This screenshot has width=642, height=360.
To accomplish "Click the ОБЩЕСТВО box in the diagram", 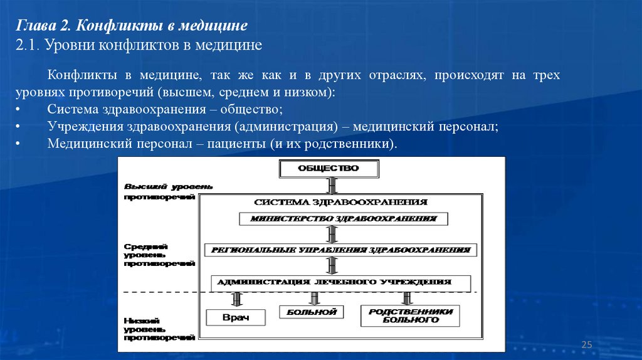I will [329, 169].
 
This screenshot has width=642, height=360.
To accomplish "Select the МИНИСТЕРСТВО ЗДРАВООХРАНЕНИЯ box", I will [344, 219].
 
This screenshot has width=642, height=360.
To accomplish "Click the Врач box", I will [236, 317].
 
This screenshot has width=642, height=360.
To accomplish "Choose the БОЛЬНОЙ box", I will [312, 312].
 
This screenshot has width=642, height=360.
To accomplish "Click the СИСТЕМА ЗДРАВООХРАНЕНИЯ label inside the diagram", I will [340, 203].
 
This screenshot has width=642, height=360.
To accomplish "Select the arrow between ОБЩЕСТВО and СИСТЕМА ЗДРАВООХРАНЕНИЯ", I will [332, 185].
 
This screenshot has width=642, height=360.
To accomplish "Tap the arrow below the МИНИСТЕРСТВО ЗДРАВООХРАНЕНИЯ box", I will [332, 234].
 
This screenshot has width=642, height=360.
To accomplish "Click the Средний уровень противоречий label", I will [159, 256].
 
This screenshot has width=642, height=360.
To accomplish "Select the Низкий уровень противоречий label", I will [159, 329].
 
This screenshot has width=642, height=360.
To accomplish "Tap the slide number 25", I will [587, 344].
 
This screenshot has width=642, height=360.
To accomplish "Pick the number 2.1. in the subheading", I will [28, 45].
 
